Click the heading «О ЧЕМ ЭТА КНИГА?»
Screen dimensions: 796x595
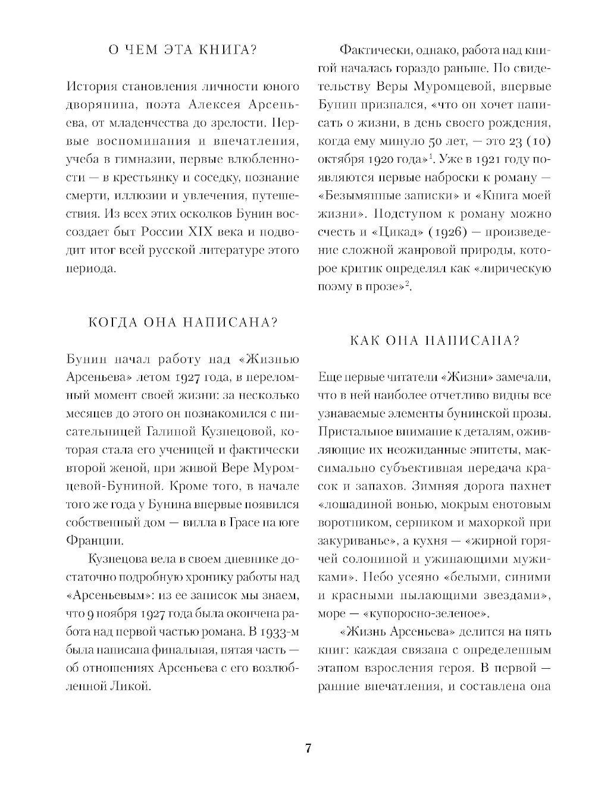pos(181,50)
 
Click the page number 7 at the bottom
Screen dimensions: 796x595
pos(308,748)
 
